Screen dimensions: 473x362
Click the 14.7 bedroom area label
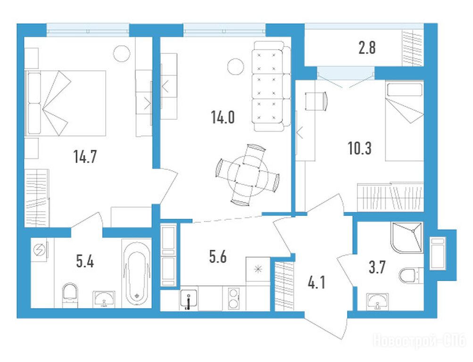[85, 156]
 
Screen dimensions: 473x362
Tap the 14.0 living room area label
[223, 117]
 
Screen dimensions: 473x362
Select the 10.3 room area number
[359, 148]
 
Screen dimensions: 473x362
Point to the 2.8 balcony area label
[367, 48]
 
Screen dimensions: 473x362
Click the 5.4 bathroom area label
[85, 261]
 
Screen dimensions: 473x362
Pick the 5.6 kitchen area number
[217, 257]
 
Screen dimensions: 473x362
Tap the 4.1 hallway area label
[317, 283]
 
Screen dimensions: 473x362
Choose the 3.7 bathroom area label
[377, 267]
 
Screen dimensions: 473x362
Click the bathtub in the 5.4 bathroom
[137, 273]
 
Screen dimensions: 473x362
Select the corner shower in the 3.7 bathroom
[407, 237]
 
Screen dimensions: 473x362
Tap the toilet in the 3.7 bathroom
[411, 275]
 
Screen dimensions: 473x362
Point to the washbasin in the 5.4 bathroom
[104, 299]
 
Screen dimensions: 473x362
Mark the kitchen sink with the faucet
[189, 298]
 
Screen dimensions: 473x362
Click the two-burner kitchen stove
[233, 298]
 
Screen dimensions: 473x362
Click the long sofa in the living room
[271, 86]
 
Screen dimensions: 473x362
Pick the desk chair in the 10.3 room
[316, 101]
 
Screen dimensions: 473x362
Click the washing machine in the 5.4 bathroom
[39, 250]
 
